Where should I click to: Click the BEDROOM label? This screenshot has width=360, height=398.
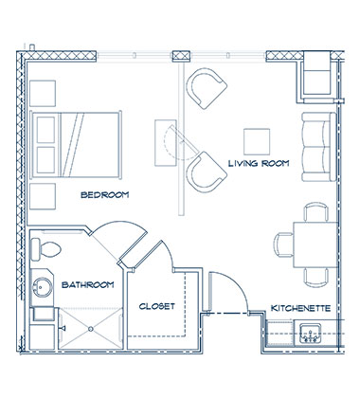104,195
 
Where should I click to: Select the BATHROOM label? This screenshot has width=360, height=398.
88,284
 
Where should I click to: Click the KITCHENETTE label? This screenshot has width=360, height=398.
299,308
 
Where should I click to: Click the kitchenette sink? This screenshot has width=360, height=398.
309,333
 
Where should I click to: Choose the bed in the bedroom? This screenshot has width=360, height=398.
76,142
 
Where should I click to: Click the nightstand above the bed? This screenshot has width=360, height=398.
44,94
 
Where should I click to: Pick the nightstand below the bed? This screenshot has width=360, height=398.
44,196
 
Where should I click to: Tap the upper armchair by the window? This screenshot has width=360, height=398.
207,88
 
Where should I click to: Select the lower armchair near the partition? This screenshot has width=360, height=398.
206,172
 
